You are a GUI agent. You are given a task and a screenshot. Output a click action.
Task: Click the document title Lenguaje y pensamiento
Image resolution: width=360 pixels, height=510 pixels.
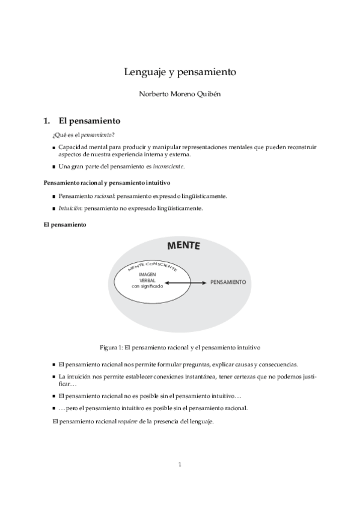tap(180, 72)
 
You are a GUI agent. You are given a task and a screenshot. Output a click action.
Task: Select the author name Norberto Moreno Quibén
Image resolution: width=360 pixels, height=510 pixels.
tap(180, 95)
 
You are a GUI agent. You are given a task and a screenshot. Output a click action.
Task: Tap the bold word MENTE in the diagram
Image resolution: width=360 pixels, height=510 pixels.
tap(183, 246)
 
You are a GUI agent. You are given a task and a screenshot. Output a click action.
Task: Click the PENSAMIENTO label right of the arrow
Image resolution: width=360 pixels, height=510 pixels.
tap(228, 282)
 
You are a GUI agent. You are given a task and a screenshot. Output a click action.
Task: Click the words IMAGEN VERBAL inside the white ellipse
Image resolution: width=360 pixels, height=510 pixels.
tap(147, 277)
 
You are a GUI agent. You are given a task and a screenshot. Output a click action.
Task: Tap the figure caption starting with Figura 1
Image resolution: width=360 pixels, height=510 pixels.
tap(180, 348)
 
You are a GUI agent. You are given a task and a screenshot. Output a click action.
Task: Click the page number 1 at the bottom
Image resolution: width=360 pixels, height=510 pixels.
tap(180, 464)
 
